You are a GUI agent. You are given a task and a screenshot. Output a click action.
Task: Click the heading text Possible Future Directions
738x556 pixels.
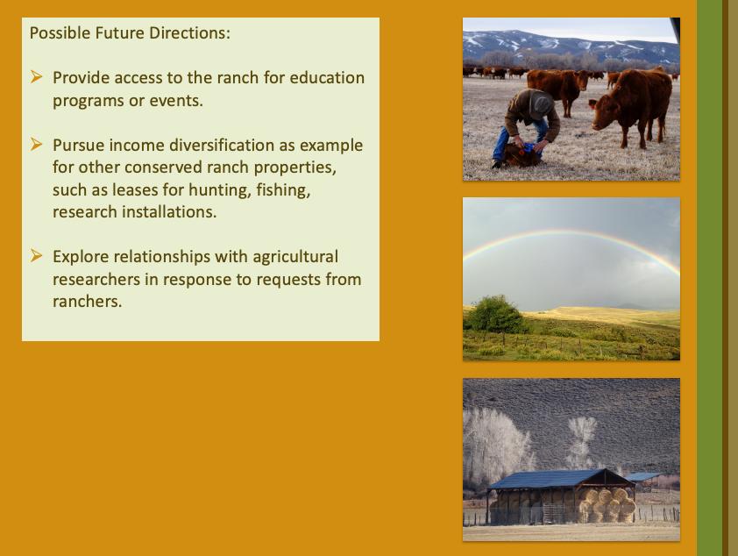pos(130,33)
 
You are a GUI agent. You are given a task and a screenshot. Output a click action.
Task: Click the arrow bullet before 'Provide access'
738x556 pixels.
pos(36,76)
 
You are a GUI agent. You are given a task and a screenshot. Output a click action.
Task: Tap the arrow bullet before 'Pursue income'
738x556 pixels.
pos(36,144)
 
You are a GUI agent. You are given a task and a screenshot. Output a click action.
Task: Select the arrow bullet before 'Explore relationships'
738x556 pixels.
pos(36,256)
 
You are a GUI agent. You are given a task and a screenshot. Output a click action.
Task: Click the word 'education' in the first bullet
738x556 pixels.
pos(327,78)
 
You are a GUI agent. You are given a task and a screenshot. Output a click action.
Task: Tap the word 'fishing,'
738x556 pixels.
pos(283,189)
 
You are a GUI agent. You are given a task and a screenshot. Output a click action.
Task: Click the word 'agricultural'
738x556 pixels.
pos(295,257)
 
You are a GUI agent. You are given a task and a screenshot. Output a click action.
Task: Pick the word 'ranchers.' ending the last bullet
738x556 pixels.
pos(88,302)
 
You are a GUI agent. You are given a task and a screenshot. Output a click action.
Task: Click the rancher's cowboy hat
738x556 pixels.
pos(539,102)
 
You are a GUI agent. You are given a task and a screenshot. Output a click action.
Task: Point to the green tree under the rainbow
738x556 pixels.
pos(495,315)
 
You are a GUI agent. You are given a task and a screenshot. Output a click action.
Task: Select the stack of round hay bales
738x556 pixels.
pos(607,505)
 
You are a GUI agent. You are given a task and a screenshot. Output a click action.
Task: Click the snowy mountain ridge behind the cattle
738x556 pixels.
pos(570,44)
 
